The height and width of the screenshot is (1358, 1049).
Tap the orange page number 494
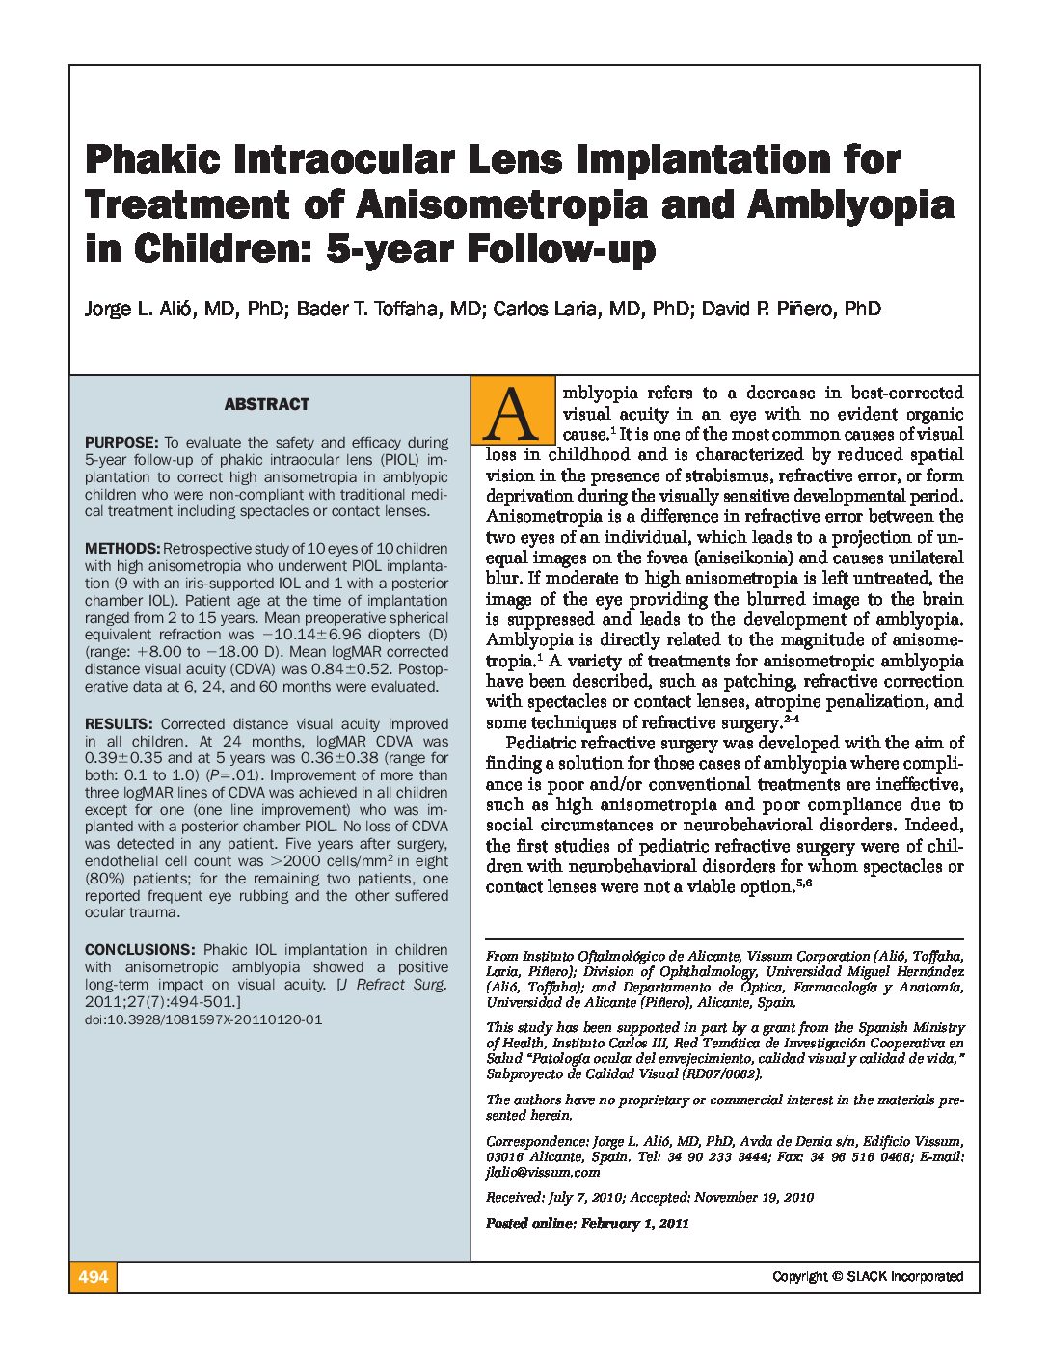coord(93,1277)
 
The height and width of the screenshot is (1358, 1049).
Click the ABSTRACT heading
coord(267,404)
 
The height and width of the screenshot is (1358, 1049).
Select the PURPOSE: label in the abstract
coord(121,443)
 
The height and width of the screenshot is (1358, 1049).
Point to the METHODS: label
coord(121,549)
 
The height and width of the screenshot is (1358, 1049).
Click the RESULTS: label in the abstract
coord(119,724)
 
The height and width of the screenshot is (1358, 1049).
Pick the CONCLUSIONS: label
coord(140,950)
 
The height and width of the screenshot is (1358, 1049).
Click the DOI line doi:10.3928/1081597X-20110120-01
coord(203,1019)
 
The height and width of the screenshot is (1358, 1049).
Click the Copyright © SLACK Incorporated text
coord(867,1277)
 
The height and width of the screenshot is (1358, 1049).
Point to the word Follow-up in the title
coord(561,250)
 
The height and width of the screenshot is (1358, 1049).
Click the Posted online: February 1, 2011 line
coord(587,1223)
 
